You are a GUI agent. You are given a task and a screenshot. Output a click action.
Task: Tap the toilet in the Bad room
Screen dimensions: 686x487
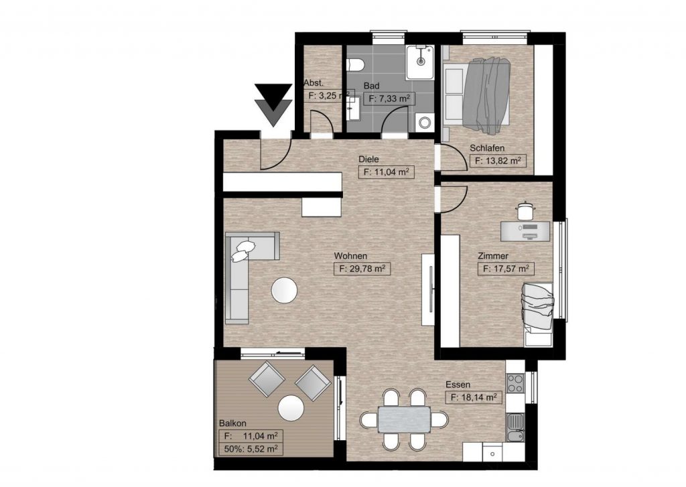coord(355,64)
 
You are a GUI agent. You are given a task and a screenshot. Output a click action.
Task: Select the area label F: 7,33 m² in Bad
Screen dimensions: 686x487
coord(389,99)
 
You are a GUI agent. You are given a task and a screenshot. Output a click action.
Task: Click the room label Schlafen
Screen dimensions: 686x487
coord(487,148)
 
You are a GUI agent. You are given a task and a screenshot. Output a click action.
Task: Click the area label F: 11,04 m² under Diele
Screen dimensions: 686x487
coord(386,172)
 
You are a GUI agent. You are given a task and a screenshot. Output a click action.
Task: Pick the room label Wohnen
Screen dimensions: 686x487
coord(350,256)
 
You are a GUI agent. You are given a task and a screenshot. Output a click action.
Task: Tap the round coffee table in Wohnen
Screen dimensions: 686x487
coord(284,290)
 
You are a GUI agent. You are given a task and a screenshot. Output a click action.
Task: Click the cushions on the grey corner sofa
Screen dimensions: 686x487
coord(243,251)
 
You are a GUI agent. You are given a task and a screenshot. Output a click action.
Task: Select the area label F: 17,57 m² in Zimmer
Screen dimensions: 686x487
coord(505,269)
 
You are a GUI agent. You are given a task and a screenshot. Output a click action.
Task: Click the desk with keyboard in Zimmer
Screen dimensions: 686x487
coord(525,231)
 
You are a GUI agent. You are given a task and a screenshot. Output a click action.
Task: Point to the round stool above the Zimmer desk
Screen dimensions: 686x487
coord(525,210)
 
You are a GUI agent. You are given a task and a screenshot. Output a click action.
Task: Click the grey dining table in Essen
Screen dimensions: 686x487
coord(404,419)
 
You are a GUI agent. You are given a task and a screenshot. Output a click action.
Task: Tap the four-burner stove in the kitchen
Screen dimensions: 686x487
coord(515,382)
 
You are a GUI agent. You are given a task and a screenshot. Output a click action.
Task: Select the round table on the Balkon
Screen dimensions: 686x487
coord(291,408)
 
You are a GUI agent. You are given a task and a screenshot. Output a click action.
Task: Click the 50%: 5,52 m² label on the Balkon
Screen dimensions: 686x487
coord(251,449)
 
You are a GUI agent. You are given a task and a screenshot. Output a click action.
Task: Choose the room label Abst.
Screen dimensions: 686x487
coord(314,82)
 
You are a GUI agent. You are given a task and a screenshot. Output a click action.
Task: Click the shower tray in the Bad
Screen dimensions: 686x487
coord(421,62)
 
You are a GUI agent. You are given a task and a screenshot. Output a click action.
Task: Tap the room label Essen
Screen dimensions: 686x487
coord(458,385)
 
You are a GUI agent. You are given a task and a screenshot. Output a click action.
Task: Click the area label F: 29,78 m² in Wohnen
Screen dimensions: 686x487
coord(362,269)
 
